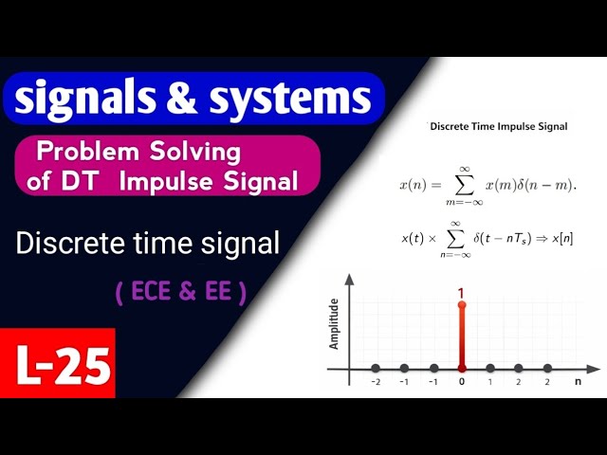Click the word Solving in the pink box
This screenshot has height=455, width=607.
193,152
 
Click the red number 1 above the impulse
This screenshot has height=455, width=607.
461,295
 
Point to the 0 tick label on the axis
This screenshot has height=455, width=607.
461,384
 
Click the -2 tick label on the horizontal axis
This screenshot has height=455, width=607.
376,384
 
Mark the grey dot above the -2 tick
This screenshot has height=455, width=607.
376,368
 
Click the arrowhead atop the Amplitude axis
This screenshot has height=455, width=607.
351,281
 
